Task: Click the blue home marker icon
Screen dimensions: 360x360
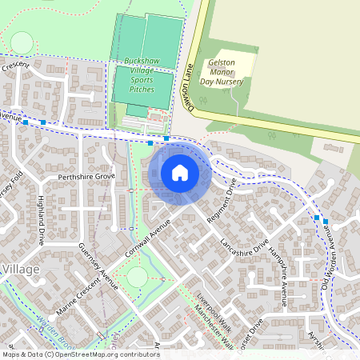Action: pyautogui.click(x=179, y=173)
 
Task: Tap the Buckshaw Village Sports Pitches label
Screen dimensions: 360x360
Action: pyautogui.click(x=143, y=75)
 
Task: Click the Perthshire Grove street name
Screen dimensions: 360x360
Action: pyautogui.click(x=81, y=176)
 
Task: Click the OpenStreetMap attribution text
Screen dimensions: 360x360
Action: pyautogui.click(x=80, y=354)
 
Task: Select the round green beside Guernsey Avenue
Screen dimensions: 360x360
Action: pyautogui.click(x=137, y=277)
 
